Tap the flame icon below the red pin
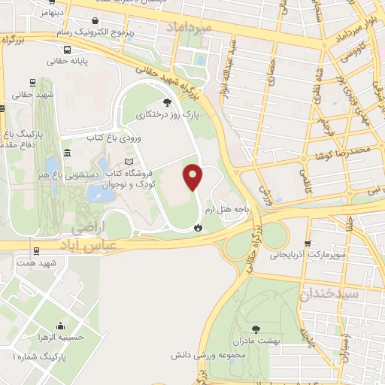click(198, 226)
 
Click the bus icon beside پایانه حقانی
click(68, 50)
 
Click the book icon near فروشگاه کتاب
click(129, 162)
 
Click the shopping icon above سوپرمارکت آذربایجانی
click(307, 244)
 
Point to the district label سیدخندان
click(332, 293)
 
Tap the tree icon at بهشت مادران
click(256, 328)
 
